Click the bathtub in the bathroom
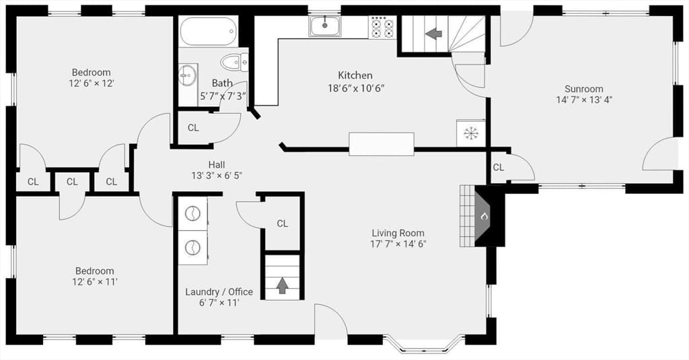pos(209,31)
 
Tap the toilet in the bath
pos(235,63)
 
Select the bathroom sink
pos(188,77)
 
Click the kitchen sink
pos(325,26)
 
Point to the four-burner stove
pos(383,28)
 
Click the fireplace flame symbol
pos(484,216)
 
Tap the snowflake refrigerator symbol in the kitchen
pos(470,133)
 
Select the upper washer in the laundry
pos(192,213)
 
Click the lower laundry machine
pos(192,248)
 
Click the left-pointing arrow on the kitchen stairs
pos(434,34)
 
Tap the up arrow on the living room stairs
pos(282,286)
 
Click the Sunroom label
pos(583,89)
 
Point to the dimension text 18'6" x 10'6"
pos(356,88)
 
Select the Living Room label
pos(398,233)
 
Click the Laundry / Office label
pos(219,292)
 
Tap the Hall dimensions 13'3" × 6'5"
pos(217,176)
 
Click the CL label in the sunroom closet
pos(499,168)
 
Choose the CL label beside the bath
pos(193,128)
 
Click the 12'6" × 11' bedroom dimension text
pos(94,282)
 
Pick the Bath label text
pos(222,83)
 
